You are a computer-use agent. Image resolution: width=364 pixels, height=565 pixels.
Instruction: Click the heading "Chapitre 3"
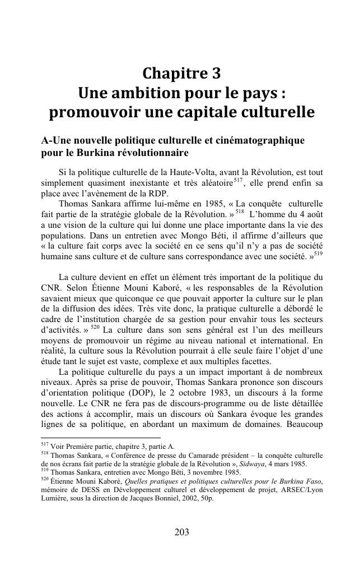click(x=181, y=74)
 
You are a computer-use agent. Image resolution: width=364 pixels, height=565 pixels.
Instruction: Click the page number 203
click(x=181, y=532)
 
